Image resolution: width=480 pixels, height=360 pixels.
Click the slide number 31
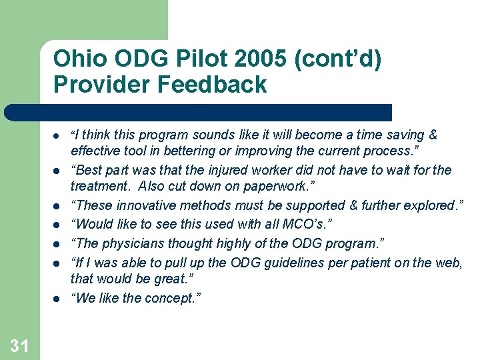[x=20, y=345]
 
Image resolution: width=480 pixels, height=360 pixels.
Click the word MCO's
[x=290, y=223]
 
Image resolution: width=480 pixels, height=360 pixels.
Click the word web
[x=447, y=263]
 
